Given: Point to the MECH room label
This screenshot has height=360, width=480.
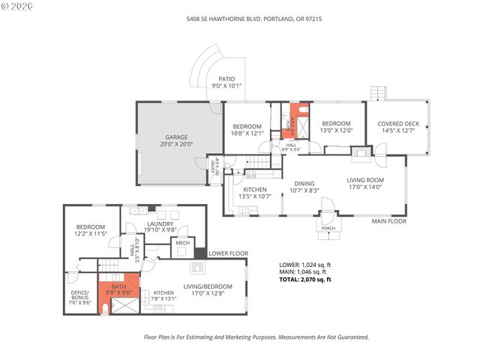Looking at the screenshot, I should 181,243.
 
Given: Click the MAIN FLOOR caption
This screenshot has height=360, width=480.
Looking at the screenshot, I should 389,221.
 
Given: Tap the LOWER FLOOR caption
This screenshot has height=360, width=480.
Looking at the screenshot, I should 228,254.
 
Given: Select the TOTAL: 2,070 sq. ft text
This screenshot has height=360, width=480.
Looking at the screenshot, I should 304,279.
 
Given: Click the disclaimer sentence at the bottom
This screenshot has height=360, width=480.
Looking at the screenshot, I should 256,337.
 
